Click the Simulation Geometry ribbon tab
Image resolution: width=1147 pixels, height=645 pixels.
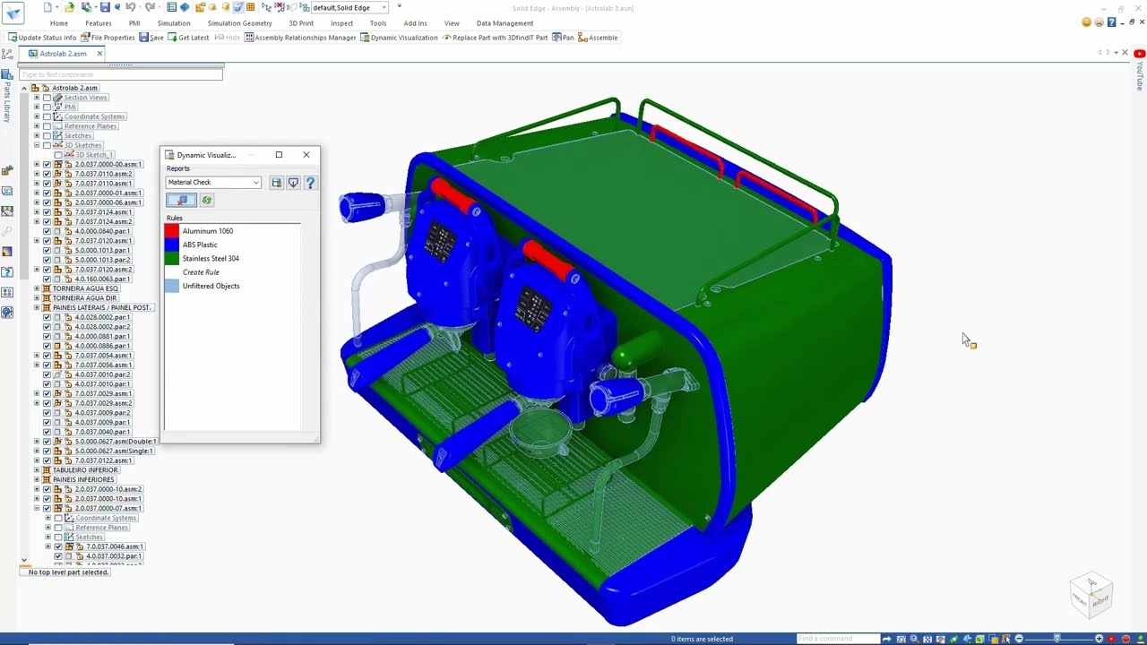coord(239,23)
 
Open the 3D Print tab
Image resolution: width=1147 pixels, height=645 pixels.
coord(301,23)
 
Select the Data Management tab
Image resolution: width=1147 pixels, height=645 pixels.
coord(505,23)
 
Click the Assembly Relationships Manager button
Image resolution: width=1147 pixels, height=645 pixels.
coord(300,38)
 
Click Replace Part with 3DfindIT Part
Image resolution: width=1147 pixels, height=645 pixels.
coord(495,38)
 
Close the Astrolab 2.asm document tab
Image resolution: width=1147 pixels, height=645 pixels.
coord(99,54)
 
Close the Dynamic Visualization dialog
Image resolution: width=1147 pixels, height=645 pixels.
coord(306,155)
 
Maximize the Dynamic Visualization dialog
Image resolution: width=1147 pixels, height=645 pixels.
coord(279,155)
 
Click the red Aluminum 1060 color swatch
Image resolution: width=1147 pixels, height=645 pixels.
coord(172,231)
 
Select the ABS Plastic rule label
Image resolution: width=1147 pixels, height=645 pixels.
coord(200,245)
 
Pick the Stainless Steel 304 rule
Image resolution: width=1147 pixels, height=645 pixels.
coord(211,259)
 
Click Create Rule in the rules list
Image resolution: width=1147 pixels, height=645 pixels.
coord(201,272)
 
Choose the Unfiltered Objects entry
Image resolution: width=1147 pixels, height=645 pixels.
coord(211,286)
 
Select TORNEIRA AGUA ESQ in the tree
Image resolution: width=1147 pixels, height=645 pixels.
coord(85,288)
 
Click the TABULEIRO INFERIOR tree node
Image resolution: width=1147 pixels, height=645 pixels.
coord(85,470)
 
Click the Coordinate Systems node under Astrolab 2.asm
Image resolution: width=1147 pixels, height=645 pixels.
coord(94,116)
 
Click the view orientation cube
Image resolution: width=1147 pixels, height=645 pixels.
coord(1091,593)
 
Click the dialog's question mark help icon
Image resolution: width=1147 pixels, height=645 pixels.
coord(310,183)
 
